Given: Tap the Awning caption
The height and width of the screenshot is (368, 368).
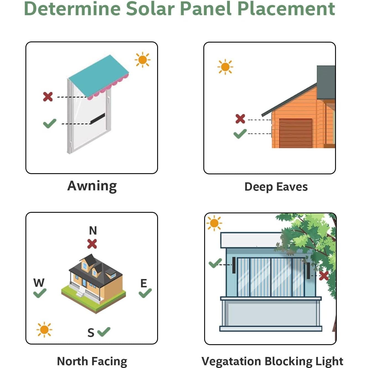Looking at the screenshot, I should [x=92, y=186].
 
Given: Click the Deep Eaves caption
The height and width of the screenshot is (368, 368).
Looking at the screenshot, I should [x=276, y=187].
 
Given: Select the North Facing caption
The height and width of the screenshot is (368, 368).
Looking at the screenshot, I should [x=92, y=361].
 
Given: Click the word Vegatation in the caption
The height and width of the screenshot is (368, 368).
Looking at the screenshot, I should [x=231, y=361].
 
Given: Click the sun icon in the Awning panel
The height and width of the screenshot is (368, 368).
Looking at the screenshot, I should [x=143, y=60].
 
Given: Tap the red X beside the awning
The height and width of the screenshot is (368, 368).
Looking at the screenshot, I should [x=48, y=97].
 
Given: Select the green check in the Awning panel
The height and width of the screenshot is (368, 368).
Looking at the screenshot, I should [x=50, y=123].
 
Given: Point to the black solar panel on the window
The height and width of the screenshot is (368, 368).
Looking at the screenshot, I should [x=98, y=118].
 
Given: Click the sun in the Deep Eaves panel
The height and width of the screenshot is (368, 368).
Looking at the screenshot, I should [x=225, y=67].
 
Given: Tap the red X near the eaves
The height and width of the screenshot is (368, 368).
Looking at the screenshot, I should [x=240, y=119].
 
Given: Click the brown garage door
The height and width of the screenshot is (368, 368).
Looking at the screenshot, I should [x=295, y=133].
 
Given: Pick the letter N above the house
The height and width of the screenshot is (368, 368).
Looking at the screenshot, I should [x=93, y=230].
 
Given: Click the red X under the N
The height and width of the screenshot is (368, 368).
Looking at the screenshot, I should [x=92, y=244].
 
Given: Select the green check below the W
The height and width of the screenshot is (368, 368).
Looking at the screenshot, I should [x=40, y=293].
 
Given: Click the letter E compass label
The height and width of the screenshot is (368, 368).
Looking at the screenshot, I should [x=144, y=283].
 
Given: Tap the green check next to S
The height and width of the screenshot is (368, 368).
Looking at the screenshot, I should [x=104, y=332].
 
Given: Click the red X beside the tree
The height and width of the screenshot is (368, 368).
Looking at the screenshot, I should [x=324, y=275].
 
